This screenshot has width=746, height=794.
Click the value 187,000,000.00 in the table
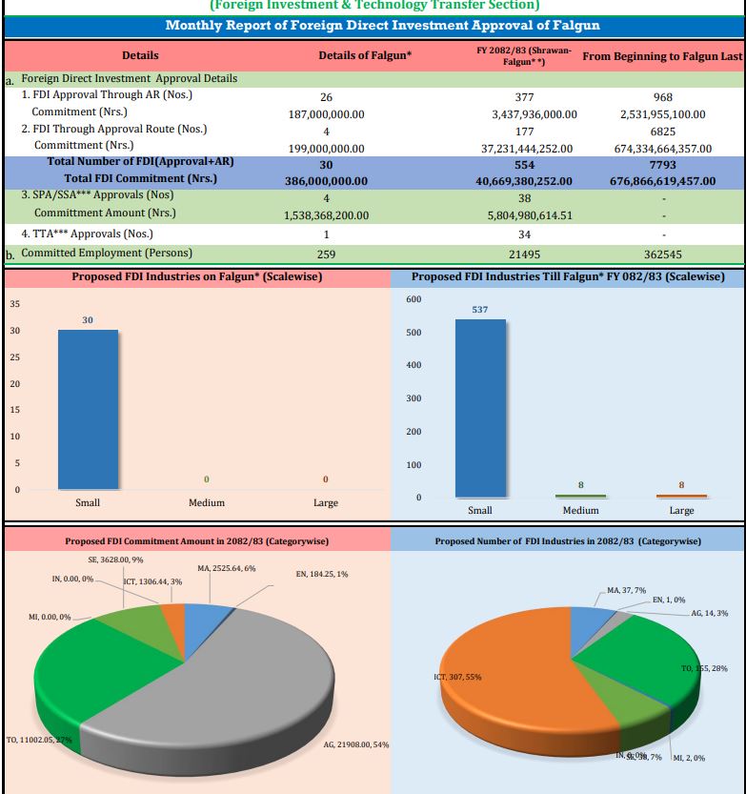(326, 113)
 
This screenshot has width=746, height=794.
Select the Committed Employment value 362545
(663, 254)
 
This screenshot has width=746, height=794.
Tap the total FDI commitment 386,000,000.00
(326, 180)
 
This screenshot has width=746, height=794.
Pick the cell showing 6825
(663, 130)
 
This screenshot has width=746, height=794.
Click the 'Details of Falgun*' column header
(365, 56)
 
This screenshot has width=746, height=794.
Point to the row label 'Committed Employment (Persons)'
(107, 253)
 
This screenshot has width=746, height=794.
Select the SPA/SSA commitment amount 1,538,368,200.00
(326, 215)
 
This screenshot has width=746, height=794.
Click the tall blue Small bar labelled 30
(88, 409)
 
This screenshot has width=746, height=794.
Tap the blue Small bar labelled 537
(480, 408)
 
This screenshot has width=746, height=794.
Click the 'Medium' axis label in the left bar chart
(206, 502)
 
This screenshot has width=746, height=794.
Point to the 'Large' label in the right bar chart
(681, 510)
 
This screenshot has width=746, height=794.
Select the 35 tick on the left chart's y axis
(14, 304)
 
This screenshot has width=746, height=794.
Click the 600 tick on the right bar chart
(413, 299)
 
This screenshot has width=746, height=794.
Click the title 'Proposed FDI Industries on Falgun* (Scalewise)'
(196, 276)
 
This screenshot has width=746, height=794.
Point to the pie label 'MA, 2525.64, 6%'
(226, 568)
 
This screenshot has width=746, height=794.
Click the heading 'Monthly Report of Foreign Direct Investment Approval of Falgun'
(373, 25)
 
